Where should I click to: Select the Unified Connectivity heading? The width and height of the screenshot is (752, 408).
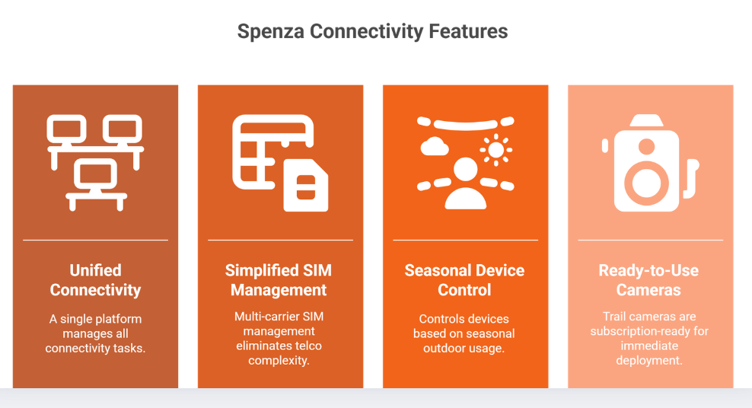(x=95, y=280)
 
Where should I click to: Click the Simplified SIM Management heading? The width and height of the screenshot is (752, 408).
(x=279, y=280)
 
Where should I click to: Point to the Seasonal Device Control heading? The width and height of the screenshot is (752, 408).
(x=464, y=280)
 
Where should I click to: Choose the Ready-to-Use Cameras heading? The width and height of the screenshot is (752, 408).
(x=648, y=280)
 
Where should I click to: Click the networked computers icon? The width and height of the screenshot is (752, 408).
(x=95, y=162)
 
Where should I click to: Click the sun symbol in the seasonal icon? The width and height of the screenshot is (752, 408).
(x=496, y=149)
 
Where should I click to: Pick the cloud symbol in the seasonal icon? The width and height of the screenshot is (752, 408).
(x=435, y=146)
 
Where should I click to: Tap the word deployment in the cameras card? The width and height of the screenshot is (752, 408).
(x=649, y=360)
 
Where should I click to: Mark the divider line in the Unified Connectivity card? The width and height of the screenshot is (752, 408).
(x=95, y=240)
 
